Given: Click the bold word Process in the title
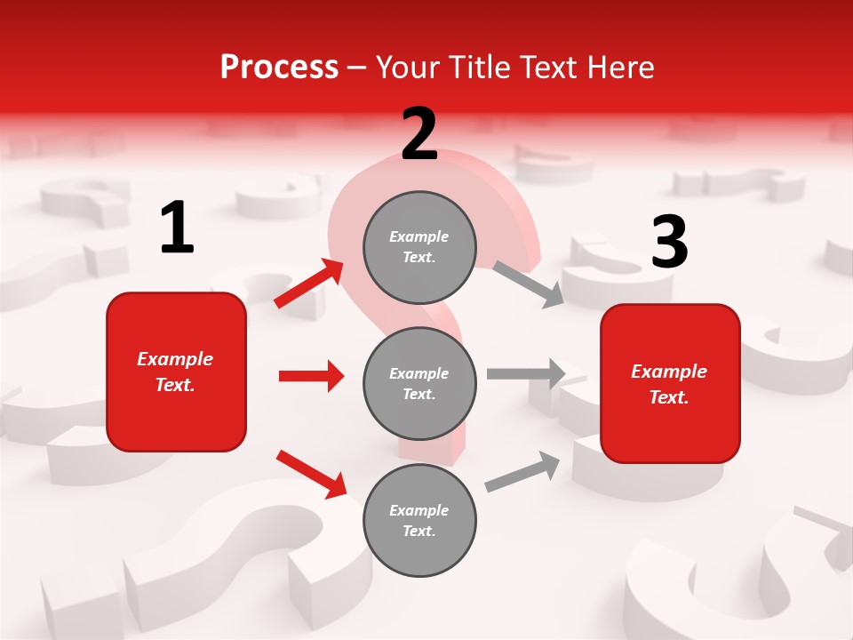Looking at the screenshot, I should click(x=279, y=68).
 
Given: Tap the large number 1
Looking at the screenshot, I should click(x=177, y=228).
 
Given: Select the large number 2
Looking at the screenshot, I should click(x=419, y=134).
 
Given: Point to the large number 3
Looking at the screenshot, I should click(x=669, y=242).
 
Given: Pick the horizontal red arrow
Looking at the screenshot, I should click(x=311, y=376).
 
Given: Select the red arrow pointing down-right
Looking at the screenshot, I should click(x=312, y=474).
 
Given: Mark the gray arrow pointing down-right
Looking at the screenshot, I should click(x=528, y=284).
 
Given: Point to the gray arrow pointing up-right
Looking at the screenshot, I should click(x=522, y=472).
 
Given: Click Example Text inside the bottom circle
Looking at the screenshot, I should click(x=419, y=521).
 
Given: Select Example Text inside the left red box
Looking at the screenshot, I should click(x=175, y=372).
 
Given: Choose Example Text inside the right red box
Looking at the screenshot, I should click(x=669, y=384).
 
